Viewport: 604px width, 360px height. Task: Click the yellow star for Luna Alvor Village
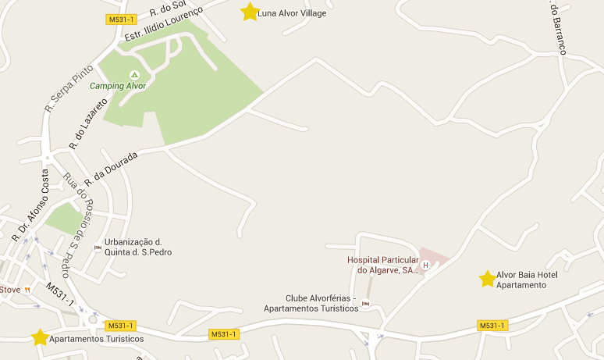(250, 12)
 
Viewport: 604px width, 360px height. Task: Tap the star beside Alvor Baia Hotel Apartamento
(488, 279)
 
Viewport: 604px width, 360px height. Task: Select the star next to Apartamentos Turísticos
(40, 337)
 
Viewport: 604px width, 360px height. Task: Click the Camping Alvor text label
(118, 86)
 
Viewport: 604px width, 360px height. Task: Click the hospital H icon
(425, 266)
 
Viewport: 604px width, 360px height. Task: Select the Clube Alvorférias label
(311, 303)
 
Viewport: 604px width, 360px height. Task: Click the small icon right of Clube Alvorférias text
(365, 303)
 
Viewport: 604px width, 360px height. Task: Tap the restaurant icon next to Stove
(27, 289)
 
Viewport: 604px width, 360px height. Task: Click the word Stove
(10, 289)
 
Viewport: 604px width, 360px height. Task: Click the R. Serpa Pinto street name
(64, 88)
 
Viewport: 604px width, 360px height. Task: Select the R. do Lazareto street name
(88, 123)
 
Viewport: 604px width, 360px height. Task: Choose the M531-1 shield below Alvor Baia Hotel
(492, 325)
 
